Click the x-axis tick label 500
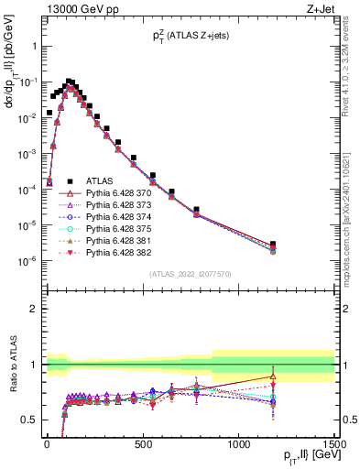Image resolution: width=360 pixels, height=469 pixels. coord(142,442)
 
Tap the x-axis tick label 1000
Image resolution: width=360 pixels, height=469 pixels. coord(238,442)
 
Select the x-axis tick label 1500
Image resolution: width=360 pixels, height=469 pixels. coord(333,442)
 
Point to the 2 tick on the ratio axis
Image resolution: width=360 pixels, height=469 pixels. coord(34,309)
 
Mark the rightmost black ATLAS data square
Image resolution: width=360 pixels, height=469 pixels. coord(274,245)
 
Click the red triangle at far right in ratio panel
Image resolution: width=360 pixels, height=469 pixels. coord(274,376)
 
